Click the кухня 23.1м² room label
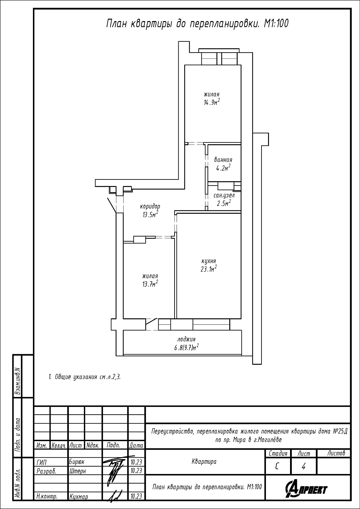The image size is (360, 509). pyautogui.click(x=209, y=265)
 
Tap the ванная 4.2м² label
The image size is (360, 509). pyautogui.click(x=223, y=164)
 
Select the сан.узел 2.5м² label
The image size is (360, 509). pyautogui.click(x=224, y=199)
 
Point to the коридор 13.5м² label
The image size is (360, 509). pyautogui.click(x=150, y=210)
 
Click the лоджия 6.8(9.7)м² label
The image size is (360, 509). pyautogui.click(x=186, y=343)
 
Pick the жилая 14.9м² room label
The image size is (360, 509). pyautogui.click(x=212, y=98)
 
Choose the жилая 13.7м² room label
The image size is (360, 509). pyautogui.click(x=150, y=280)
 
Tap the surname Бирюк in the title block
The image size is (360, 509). pyautogui.click(x=77, y=462)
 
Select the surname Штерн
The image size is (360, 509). pyautogui.click(x=78, y=471)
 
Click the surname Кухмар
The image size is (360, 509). pyautogui.click(x=79, y=496)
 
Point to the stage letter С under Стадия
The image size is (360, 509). pyautogui.click(x=277, y=467)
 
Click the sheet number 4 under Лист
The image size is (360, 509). pyautogui.click(x=303, y=467)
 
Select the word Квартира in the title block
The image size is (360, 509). pyautogui.click(x=204, y=461)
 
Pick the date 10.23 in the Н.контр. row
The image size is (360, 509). pyautogui.click(x=136, y=496)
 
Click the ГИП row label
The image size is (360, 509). pyautogui.click(x=41, y=462)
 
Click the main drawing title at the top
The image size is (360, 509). pyautogui.click(x=197, y=23)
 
